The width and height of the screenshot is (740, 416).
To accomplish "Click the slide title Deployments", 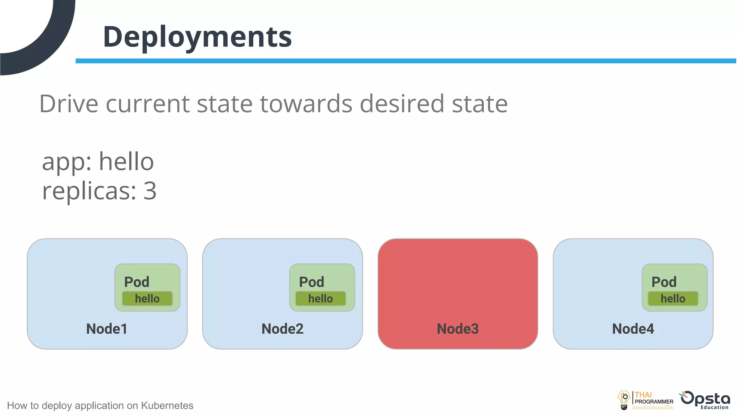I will click(197, 37).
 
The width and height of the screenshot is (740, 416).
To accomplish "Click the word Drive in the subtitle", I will click(69, 104).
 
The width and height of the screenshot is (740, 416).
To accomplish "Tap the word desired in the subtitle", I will click(401, 104).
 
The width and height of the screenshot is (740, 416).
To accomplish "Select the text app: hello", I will click(98, 162).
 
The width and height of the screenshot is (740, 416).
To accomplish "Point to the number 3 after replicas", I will click(150, 191).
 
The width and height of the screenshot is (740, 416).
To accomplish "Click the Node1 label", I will click(107, 329).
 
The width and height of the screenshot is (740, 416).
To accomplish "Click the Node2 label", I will click(282, 329).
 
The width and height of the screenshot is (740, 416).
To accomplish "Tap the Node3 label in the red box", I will click(457, 329).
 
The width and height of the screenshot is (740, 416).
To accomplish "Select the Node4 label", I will click(633, 329).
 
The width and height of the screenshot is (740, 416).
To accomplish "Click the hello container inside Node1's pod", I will click(147, 299).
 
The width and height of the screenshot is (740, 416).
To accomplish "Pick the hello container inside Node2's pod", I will click(320, 299).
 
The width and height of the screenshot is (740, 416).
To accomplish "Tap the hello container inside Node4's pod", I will click(673, 299).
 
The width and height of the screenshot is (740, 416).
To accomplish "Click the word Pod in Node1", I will click(137, 282).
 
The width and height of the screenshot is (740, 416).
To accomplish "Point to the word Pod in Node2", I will click(311, 282).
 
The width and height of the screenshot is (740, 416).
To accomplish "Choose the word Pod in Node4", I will click(664, 282).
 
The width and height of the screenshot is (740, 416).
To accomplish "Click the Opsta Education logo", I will click(705, 400).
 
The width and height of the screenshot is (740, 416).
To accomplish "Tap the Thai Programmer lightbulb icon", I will click(624, 400).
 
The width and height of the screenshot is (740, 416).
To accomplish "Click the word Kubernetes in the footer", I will click(167, 406).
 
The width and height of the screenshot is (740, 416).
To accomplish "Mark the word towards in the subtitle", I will click(306, 104).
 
